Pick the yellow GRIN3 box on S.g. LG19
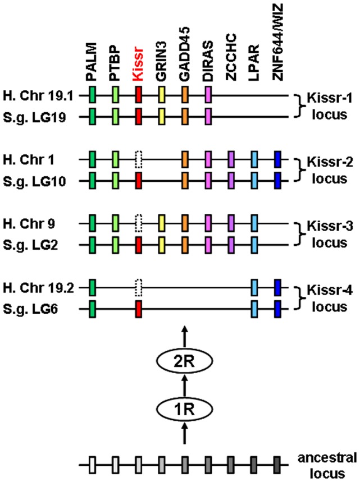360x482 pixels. click(x=162, y=117)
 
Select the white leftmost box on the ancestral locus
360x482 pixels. click(x=92, y=464)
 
